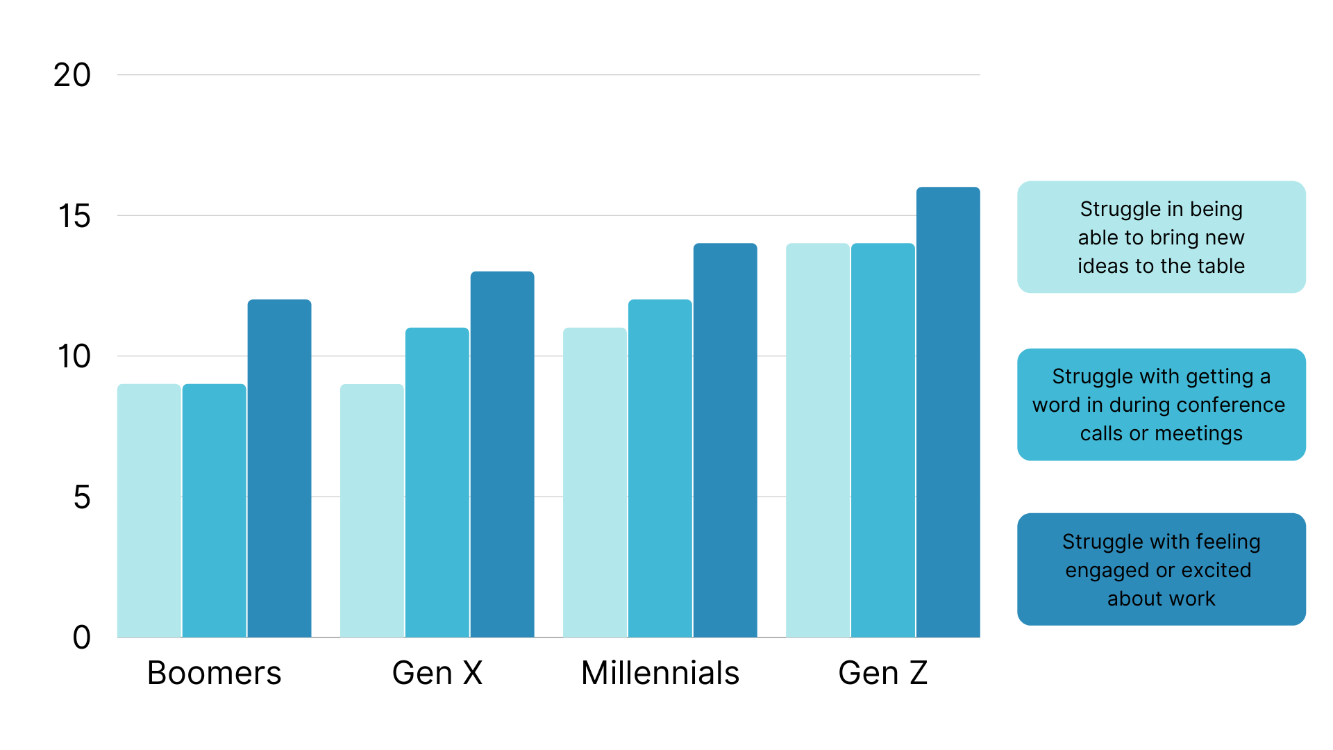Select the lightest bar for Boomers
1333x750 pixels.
pos(149,510)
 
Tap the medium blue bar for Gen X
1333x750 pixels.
pos(437,482)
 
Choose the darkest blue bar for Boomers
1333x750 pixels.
pos(279,468)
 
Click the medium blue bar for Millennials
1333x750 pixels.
pos(660,468)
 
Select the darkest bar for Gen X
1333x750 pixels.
pos(502,454)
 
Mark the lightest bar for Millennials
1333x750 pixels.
pos(594,482)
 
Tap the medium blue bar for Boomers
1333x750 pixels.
pos(214,510)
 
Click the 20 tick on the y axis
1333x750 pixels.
pos(72,75)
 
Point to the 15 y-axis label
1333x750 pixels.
pos(74,216)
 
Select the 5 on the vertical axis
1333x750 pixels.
pos(82,497)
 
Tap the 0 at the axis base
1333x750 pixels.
pos(82,637)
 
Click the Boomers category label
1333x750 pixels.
pos(214,673)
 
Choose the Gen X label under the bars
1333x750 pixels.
pos(437,673)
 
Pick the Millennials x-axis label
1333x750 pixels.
pos(660,673)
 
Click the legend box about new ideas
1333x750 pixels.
pos(1161,237)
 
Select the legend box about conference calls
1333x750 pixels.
pos(1161,405)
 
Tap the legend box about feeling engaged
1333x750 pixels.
pos(1161,569)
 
